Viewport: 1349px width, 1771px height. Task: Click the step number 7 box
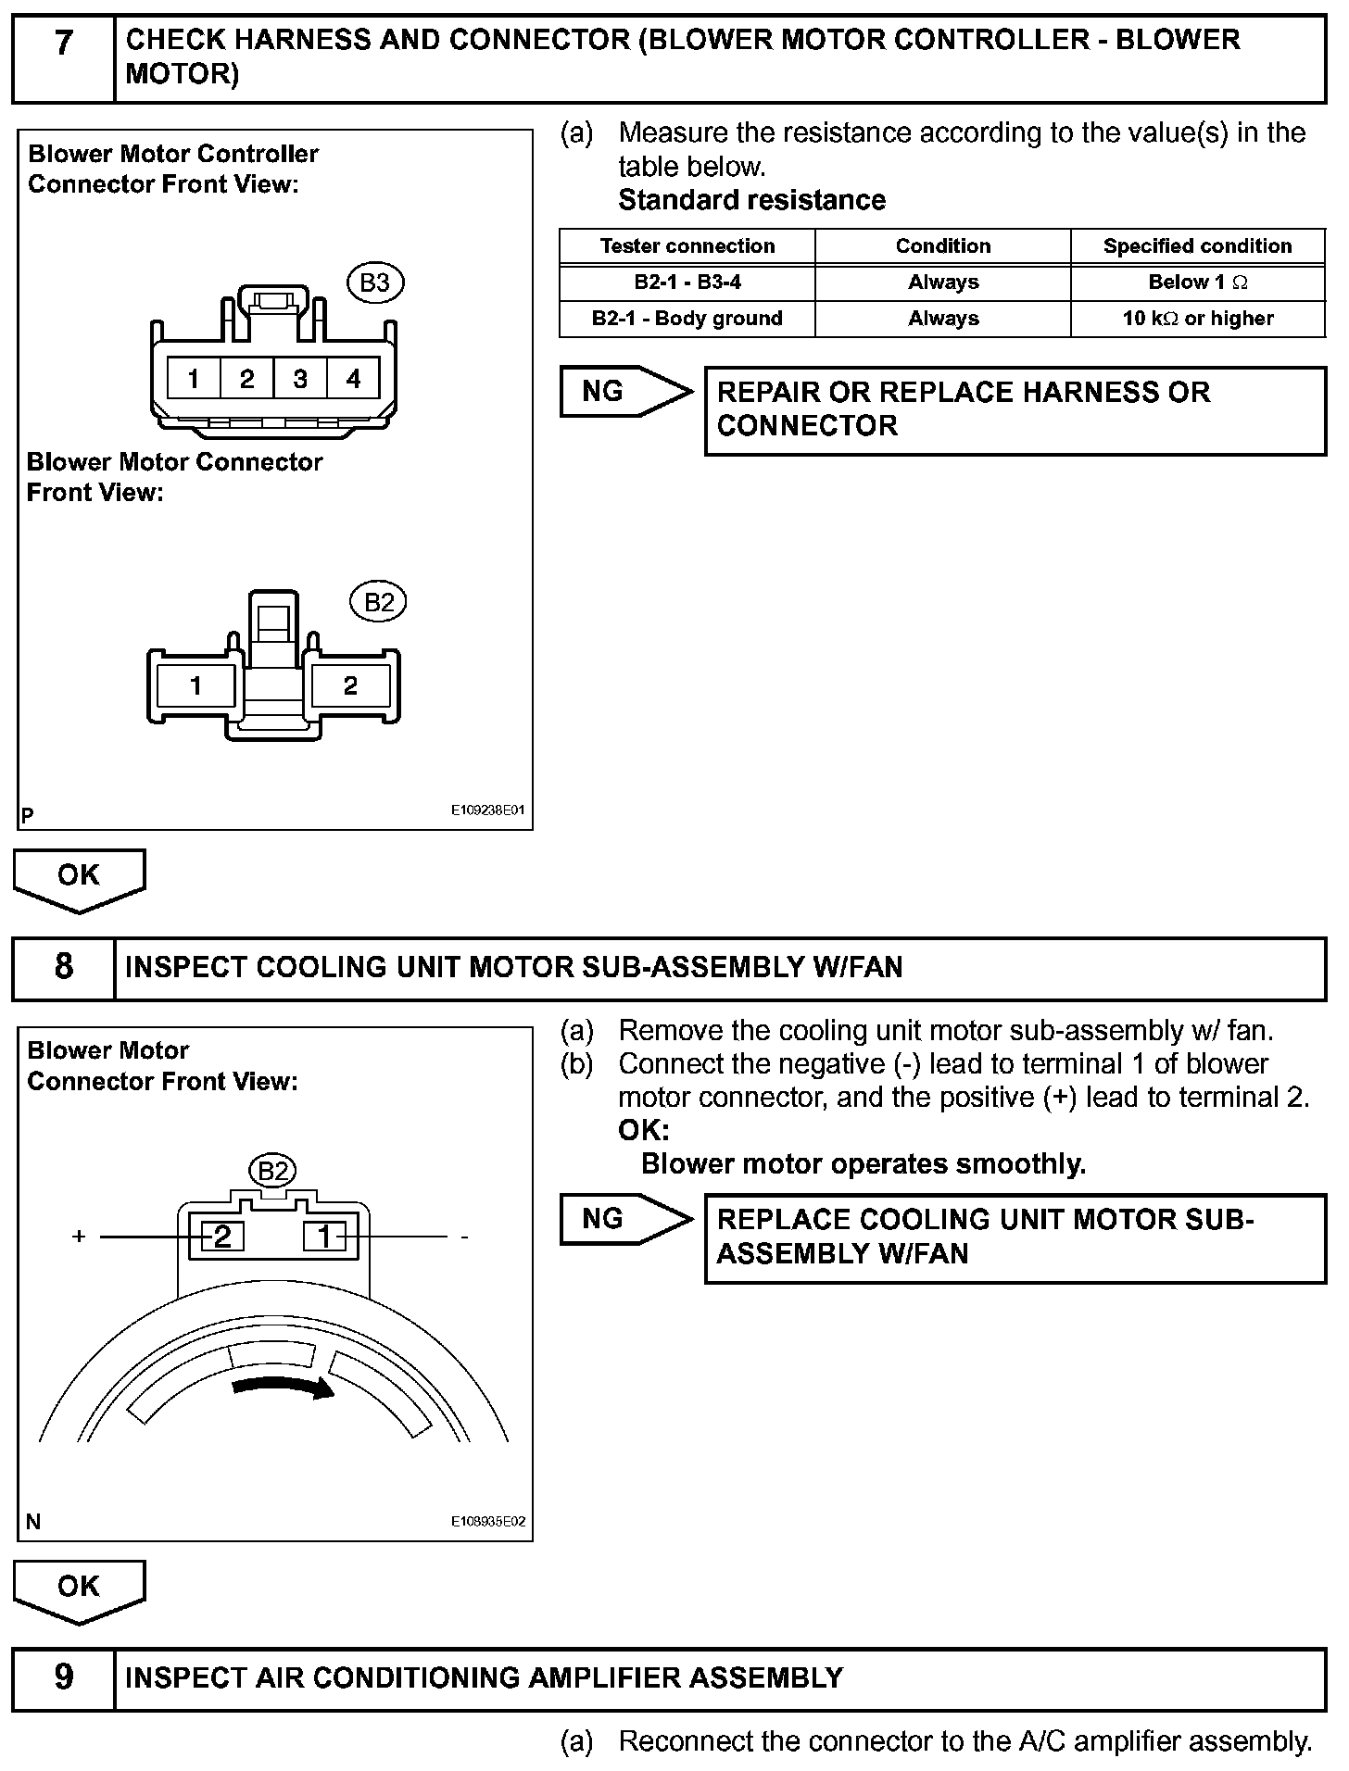point(63,57)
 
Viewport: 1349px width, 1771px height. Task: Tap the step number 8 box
point(63,968)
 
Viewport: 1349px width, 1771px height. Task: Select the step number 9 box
point(63,1677)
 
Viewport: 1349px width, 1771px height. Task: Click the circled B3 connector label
point(374,283)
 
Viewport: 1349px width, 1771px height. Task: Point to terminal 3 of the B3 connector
point(300,379)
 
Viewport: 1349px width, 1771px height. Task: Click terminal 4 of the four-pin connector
point(353,379)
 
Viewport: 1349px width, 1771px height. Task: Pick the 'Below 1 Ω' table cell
point(1197,283)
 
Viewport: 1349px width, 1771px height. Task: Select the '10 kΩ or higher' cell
point(1197,319)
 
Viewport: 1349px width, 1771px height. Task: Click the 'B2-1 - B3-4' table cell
point(687,283)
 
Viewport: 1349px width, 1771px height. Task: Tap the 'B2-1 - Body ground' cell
point(687,319)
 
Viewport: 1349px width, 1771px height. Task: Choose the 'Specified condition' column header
point(1197,246)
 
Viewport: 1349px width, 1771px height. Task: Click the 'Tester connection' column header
point(687,246)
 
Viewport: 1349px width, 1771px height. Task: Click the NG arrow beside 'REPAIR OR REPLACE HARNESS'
point(624,392)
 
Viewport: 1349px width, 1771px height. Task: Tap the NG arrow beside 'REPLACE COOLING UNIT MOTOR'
point(624,1219)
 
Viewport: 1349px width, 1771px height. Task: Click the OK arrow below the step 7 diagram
point(79,878)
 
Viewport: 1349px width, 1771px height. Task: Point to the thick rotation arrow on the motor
point(283,1387)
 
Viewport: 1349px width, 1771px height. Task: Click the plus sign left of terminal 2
point(80,1237)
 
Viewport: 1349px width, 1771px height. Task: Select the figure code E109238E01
point(487,810)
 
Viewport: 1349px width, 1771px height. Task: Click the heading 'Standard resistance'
point(751,200)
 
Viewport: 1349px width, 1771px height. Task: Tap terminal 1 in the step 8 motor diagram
point(325,1237)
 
